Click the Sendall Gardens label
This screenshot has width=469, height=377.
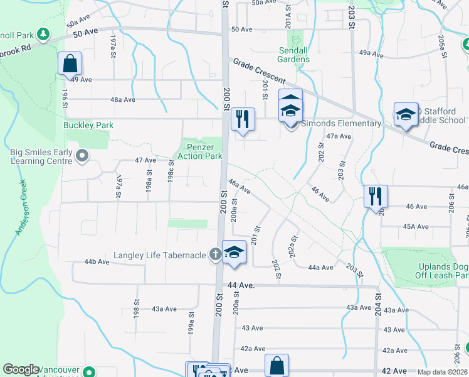click(x=294, y=55)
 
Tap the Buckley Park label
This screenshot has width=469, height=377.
click(x=88, y=125)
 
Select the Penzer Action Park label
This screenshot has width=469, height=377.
click(x=201, y=151)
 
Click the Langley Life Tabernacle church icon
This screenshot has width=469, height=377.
click(x=215, y=254)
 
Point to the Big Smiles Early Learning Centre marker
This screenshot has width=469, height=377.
click(x=82, y=155)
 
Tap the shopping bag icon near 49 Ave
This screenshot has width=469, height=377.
click(x=70, y=63)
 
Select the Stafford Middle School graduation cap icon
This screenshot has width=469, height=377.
click(x=406, y=114)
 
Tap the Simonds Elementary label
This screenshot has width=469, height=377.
click(x=341, y=123)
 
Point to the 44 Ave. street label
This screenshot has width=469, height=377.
click(x=241, y=285)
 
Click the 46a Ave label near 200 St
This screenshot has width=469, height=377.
click(x=240, y=186)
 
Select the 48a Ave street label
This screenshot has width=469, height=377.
click(x=123, y=99)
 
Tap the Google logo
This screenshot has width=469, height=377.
click(x=21, y=370)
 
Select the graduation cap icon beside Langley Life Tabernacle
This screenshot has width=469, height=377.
click(x=234, y=253)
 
